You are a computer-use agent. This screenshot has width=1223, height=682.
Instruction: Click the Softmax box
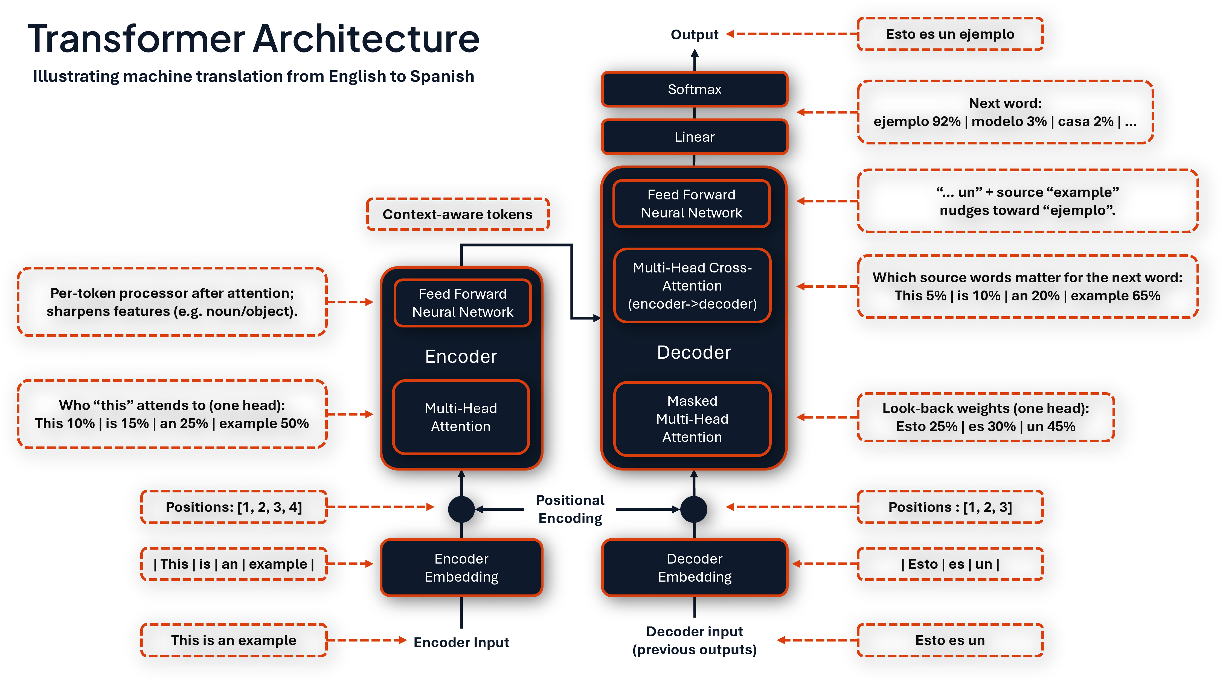pyautogui.click(x=695, y=89)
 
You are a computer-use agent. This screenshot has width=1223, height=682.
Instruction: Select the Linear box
pyautogui.click(x=695, y=137)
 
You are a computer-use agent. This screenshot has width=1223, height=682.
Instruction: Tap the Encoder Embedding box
pyautogui.click(x=461, y=568)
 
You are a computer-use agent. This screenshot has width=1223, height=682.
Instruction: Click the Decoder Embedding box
pyautogui.click(x=695, y=568)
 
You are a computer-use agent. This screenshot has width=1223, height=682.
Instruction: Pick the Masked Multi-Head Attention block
pyautogui.click(x=692, y=419)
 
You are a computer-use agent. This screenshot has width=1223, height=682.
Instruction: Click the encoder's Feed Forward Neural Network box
pyautogui.click(x=463, y=303)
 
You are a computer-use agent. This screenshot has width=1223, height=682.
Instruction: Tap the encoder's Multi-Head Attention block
pyautogui.click(x=461, y=417)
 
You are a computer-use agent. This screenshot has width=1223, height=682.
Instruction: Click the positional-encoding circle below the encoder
pyautogui.click(x=461, y=509)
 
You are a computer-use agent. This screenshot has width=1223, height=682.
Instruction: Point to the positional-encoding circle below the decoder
pyautogui.click(x=694, y=509)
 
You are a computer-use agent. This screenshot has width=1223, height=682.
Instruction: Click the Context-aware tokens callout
pyautogui.click(x=458, y=214)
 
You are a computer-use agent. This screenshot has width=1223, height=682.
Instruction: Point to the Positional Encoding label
pyautogui.click(x=570, y=509)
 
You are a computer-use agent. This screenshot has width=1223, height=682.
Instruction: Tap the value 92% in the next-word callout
pyautogui.click(x=946, y=121)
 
